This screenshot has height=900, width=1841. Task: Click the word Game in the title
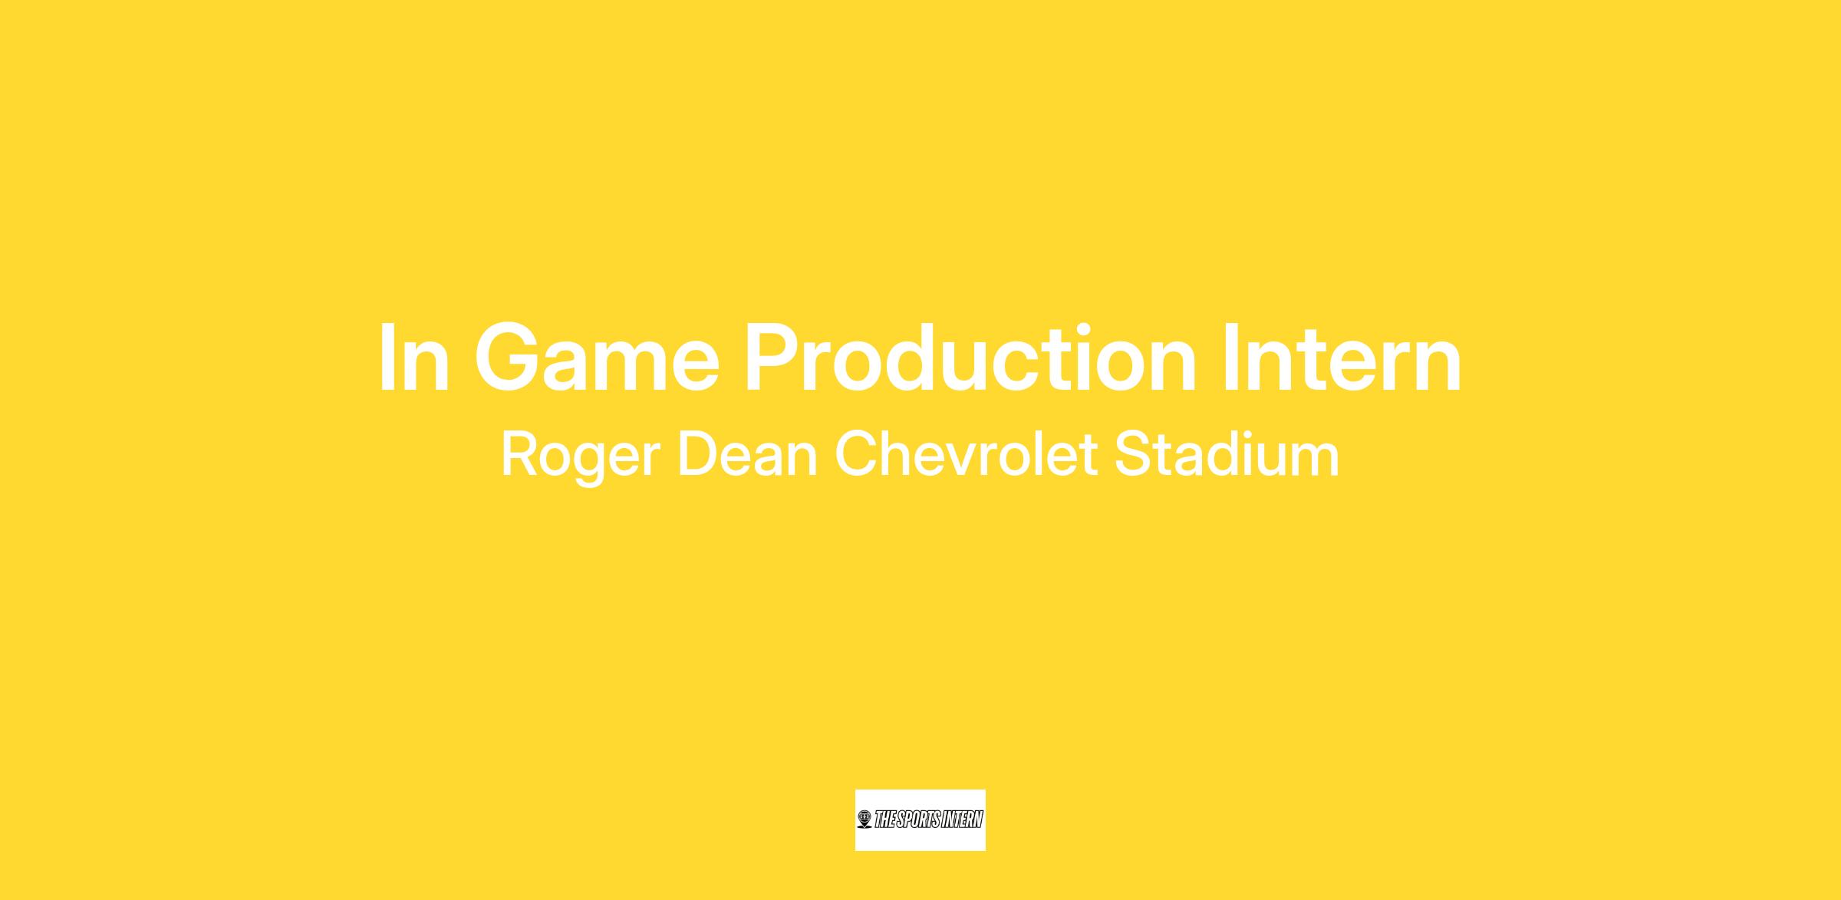click(x=597, y=358)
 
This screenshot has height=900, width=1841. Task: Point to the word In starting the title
click(x=413, y=358)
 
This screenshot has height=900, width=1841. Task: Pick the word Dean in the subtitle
click(x=748, y=454)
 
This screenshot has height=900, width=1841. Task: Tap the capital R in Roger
click(x=521, y=454)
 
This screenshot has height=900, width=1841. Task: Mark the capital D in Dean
click(x=697, y=454)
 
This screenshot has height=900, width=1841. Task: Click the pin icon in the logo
click(x=865, y=819)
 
